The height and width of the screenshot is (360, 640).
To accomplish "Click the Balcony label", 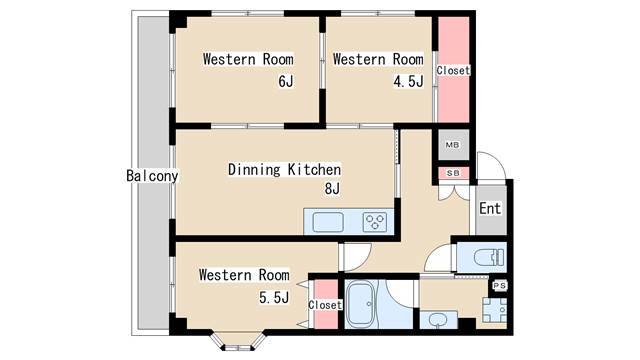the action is (x=152, y=176).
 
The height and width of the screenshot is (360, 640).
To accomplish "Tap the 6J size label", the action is (x=286, y=82).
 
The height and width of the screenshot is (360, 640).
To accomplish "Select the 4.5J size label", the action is (x=408, y=82).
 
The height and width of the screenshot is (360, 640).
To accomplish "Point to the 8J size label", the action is (x=332, y=189).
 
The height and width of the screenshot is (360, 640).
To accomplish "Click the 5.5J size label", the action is (x=274, y=298).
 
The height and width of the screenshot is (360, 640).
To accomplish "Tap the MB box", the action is (x=452, y=145).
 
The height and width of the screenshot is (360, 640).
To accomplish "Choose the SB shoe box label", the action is (x=453, y=173).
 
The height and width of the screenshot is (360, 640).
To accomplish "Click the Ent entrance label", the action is (x=490, y=208).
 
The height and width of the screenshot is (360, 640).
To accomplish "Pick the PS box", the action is (x=500, y=286).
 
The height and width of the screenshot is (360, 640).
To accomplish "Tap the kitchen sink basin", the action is (x=328, y=222).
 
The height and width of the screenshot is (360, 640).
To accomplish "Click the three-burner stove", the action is (x=375, y=223).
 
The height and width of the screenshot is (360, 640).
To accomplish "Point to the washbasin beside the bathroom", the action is (x=438, y=320).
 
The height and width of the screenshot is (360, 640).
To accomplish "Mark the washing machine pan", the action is (x=495, y=310).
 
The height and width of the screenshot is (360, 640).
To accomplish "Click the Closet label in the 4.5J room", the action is (x=453, y=70).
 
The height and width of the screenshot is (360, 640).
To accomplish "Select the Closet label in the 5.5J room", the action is (x=325, y=305).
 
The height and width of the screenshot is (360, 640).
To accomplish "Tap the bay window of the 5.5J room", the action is (x=238, y=342).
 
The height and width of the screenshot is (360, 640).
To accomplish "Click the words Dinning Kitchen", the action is (x=284, y=169).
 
